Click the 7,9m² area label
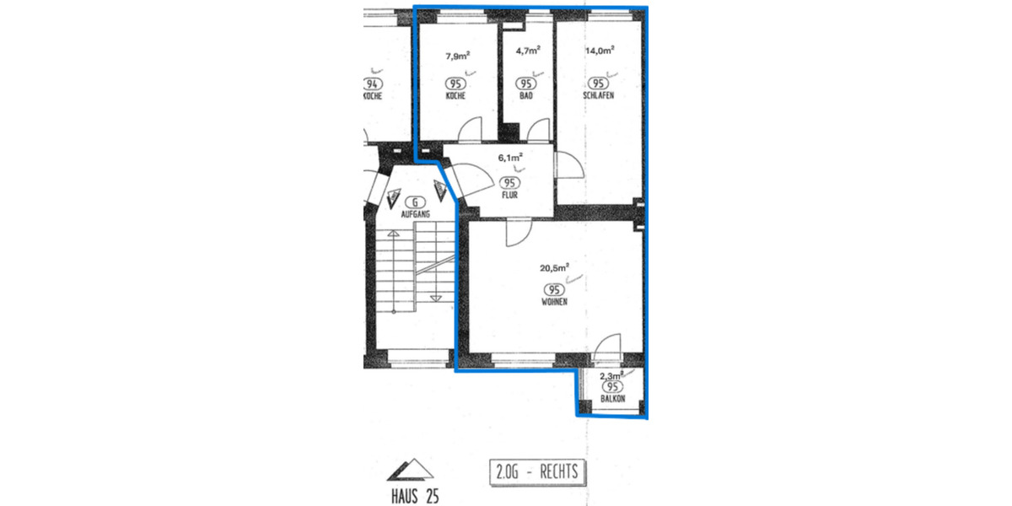(x=457, y=57)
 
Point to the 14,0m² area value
(x=600, y=50)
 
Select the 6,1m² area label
(x=509, y=158)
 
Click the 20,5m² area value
(x=555, y=269)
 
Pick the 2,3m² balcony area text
(x=611, y=376)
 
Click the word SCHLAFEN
(x=598, y=96)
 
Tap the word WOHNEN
(x=554, y=301)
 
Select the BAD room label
(x=526, y=96)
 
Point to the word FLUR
(x=509, y=195)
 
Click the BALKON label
(x=612, y=399)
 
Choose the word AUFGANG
(x=414, y=215)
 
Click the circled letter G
(x=414, y=202)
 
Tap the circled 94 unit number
(x=371, y=83)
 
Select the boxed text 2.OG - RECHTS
(x=536, y=471)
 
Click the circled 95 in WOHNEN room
(x=554, y=288)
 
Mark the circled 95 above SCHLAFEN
(x=598, y=83)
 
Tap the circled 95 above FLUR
(x=509, y=182)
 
